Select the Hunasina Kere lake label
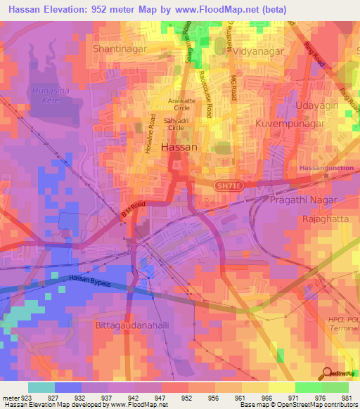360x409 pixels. coord(50,96)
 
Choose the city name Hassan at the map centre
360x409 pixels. coord(179,148)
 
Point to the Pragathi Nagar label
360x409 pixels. coord(302,200)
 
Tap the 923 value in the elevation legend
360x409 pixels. coord(29,398)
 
